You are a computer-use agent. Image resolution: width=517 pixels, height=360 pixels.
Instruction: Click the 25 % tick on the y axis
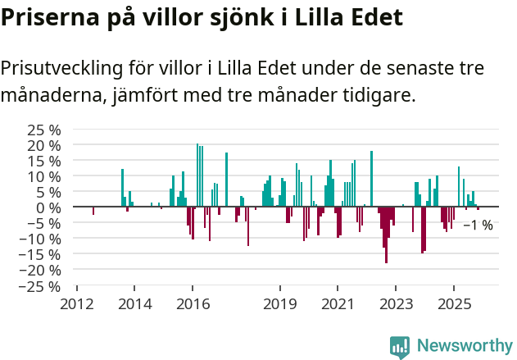44,130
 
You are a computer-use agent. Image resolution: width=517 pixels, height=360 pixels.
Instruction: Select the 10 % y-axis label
44,176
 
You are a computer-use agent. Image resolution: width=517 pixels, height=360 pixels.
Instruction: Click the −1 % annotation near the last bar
478,225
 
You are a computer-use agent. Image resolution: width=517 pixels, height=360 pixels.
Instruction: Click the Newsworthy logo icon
400,347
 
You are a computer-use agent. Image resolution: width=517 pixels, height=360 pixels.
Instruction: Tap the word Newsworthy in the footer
465,347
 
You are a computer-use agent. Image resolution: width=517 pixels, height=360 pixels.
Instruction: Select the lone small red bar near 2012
93,211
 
